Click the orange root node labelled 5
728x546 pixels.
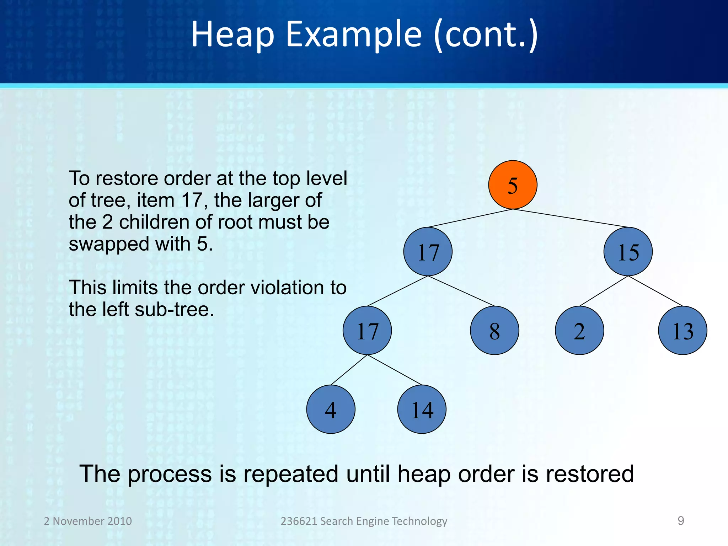pos(513,185)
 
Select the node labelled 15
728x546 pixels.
pos(628,252)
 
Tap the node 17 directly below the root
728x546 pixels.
pos(428,252)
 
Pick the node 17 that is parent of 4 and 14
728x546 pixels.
pos(367,331)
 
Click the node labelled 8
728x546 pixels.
pos(494,331)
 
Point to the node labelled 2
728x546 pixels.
pos(579,331)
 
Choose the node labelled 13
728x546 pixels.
pos(682,331)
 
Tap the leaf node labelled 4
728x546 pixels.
pos(331,409)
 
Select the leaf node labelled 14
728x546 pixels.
pos(422,409)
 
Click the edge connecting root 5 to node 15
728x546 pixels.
pos(571,218)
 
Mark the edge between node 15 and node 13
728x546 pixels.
pos(655,291)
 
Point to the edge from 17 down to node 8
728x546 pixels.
pos(461,291)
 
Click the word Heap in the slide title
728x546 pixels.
pos(232,34)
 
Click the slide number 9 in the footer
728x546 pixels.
pos(681,521)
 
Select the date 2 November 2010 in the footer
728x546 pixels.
pos(88,521)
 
